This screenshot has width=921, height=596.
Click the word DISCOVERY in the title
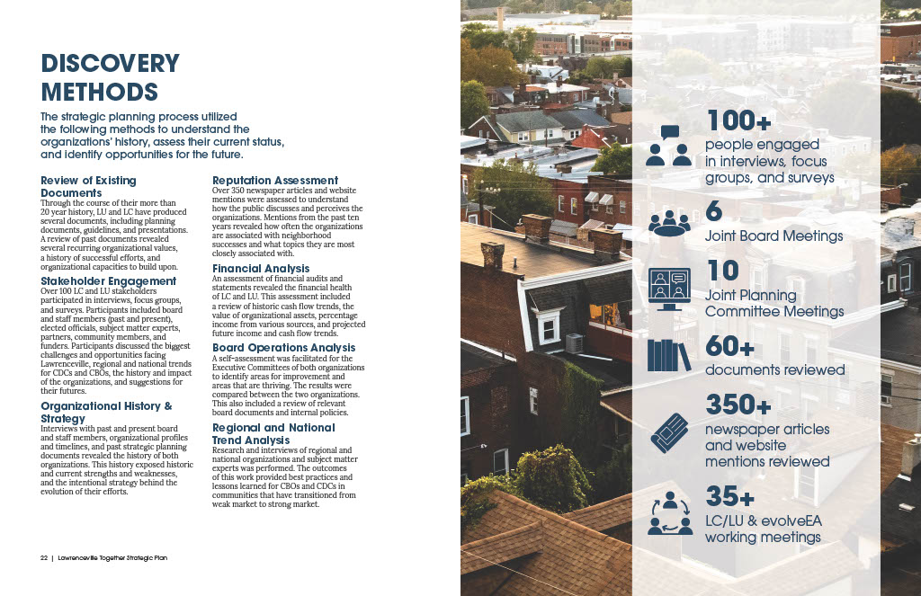(x=110, y=64)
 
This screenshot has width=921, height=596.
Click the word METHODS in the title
(x=99, y=92)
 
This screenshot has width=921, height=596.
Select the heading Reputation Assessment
(x=275, y=181)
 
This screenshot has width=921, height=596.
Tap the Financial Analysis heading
(x=261, y=269)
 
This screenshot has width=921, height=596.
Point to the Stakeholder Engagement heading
(x=109, y=281)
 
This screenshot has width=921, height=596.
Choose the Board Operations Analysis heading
(x=283, y=348)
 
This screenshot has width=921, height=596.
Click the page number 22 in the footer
(x=43, y=558)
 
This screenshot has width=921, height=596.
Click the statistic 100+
(x=740, y=120)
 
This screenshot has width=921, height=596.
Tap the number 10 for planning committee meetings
(x=722, y=271)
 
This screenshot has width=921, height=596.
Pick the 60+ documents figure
(x=729, y=346)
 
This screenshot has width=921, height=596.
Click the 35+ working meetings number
(x=729, y=496)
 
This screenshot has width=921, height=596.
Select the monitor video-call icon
(x=669, y=289)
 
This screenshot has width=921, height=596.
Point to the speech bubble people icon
(x=669, y=146)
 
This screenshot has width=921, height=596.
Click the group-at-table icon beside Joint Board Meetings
(x=669, y=221)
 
